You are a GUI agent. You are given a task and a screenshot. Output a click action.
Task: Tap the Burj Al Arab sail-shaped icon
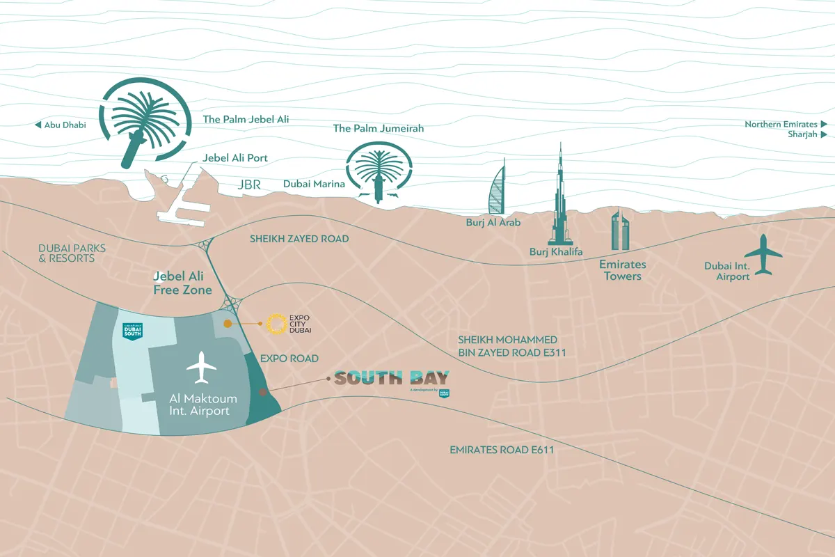(x=495, y=189)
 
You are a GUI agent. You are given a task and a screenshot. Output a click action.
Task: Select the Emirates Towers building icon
(x=619, y=230)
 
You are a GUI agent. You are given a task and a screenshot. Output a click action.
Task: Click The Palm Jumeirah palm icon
(x=379, y=171)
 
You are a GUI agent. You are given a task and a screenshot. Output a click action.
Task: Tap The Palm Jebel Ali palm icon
(x=143, y=123)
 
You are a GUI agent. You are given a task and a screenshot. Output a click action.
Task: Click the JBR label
(x=249, y=185)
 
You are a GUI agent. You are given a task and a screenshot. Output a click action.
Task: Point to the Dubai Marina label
(x=314, y=185)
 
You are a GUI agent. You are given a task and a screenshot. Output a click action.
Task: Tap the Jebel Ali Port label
(x=235, y=158)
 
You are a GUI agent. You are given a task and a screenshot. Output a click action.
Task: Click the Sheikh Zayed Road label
(x=299, y=239)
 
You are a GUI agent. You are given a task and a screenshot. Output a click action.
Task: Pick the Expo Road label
(x=289, y=359)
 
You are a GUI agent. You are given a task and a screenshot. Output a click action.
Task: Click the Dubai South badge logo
(x=133, y=332)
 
